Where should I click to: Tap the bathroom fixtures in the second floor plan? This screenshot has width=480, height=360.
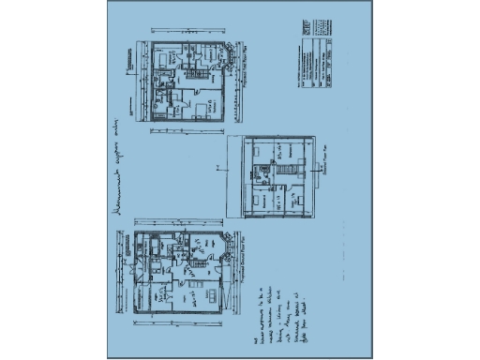(282, 151)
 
